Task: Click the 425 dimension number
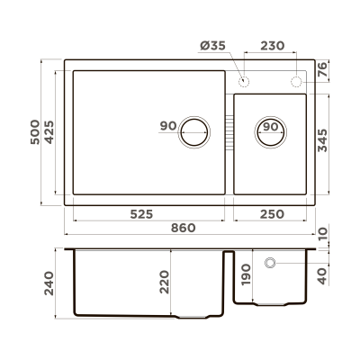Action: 52,135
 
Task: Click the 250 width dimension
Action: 270,214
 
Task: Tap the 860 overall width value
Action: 183,229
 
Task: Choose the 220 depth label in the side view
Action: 163,282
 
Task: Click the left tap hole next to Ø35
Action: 243,82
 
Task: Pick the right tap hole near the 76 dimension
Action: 298,82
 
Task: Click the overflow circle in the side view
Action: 270,263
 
